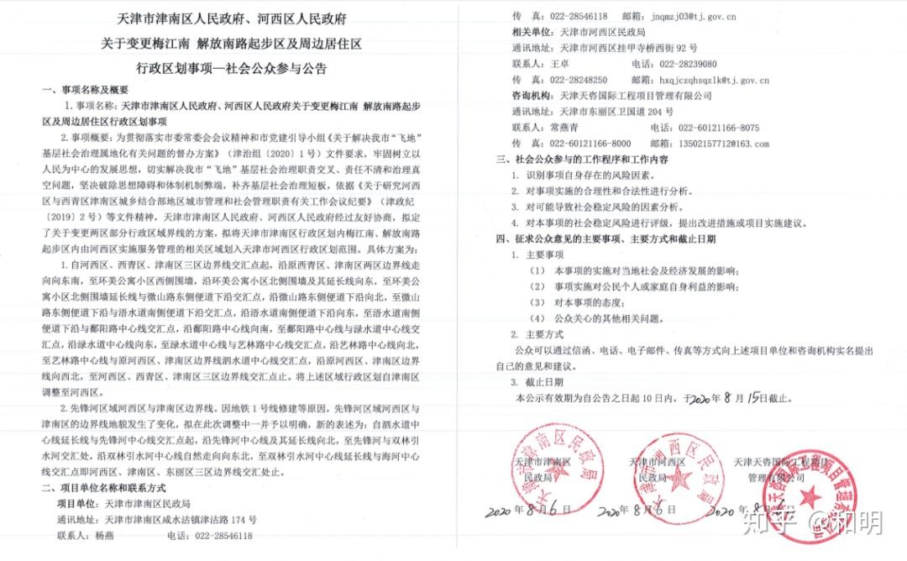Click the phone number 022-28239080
[688, 64]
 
